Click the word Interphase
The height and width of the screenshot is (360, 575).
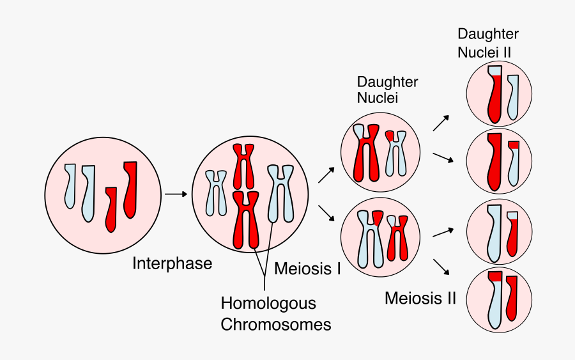(172, 263)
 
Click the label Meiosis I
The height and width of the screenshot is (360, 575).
(307, 269)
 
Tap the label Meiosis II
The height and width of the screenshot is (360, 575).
(420, 298)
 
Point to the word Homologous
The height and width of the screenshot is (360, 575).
(268, 303)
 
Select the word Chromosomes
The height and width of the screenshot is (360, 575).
(276, 325)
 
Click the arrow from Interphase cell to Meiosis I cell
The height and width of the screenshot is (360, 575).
(176, 193)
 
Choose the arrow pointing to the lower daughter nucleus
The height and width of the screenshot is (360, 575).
(326, 213)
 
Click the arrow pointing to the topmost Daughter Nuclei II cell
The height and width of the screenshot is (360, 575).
(441, 123)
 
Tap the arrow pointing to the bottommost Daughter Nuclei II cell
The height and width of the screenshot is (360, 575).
(441, 268)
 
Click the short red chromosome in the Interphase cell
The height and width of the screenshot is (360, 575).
(111, 208)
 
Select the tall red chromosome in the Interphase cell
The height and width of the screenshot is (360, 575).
(130, 189)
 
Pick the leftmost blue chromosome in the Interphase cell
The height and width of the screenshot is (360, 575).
(70, 185)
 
